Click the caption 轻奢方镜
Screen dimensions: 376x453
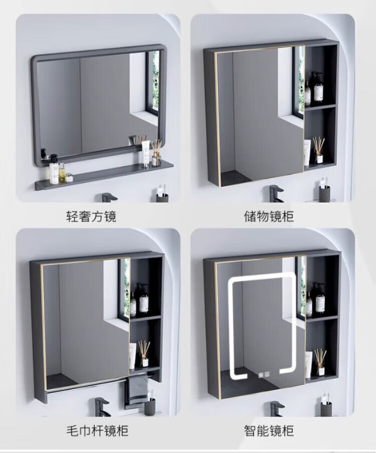click(x=91, y=216)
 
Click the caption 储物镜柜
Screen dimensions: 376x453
click(x=269, y=216)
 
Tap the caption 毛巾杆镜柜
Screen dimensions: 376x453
click(x=97, y=430)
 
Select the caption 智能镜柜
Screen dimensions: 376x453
click(x=269, y=430)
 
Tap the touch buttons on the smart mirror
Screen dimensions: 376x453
click(x=264, y=374)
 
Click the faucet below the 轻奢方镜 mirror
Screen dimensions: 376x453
click(x=107, y=197)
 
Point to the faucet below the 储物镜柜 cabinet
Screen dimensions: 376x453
click(x=275, y=193)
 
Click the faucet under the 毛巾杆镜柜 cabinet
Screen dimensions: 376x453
click(x=101, y=407)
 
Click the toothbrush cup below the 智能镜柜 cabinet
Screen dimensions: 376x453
click(x=326, y=407)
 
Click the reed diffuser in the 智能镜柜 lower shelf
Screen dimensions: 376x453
click(x=320, y=362)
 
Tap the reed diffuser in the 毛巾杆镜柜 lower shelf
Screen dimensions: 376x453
click(x=144, y=354)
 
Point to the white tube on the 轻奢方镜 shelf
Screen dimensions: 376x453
click(x=146, y=154)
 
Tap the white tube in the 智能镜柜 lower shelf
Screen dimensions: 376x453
click(x=309, y=365)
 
